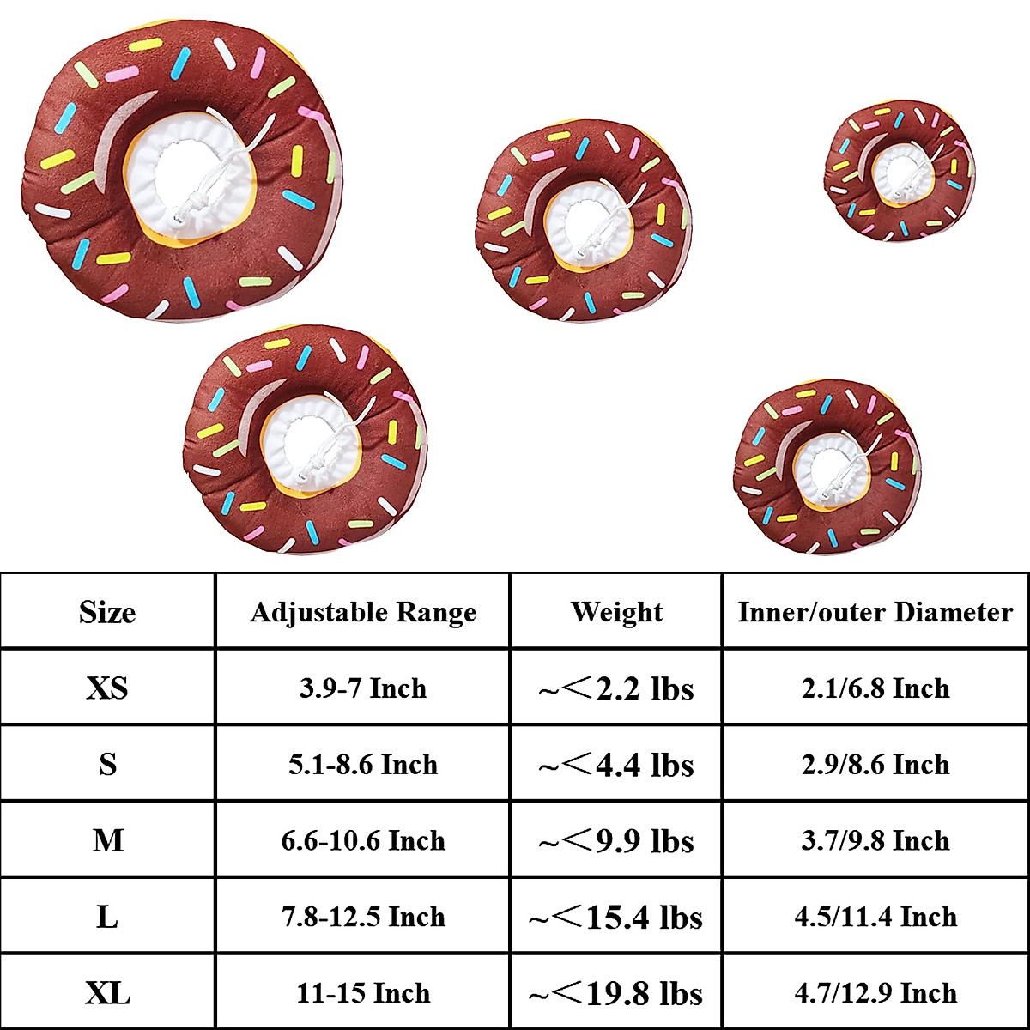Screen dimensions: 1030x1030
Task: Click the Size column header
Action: (107, 612)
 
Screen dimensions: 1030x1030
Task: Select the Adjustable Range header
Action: (363, 613)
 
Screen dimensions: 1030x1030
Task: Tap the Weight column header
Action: (617, 612)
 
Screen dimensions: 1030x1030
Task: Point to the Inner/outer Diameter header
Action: (875, 613)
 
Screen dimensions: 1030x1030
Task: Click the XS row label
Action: (107, 688)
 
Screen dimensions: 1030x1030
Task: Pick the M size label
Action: (107, 841)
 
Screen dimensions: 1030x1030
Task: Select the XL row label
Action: (107, 994)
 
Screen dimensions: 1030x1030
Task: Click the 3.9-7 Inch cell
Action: (363, 688)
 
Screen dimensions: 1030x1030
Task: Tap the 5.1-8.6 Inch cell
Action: (363, 765)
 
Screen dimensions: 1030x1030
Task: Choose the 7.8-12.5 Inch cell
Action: (363, 918)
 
